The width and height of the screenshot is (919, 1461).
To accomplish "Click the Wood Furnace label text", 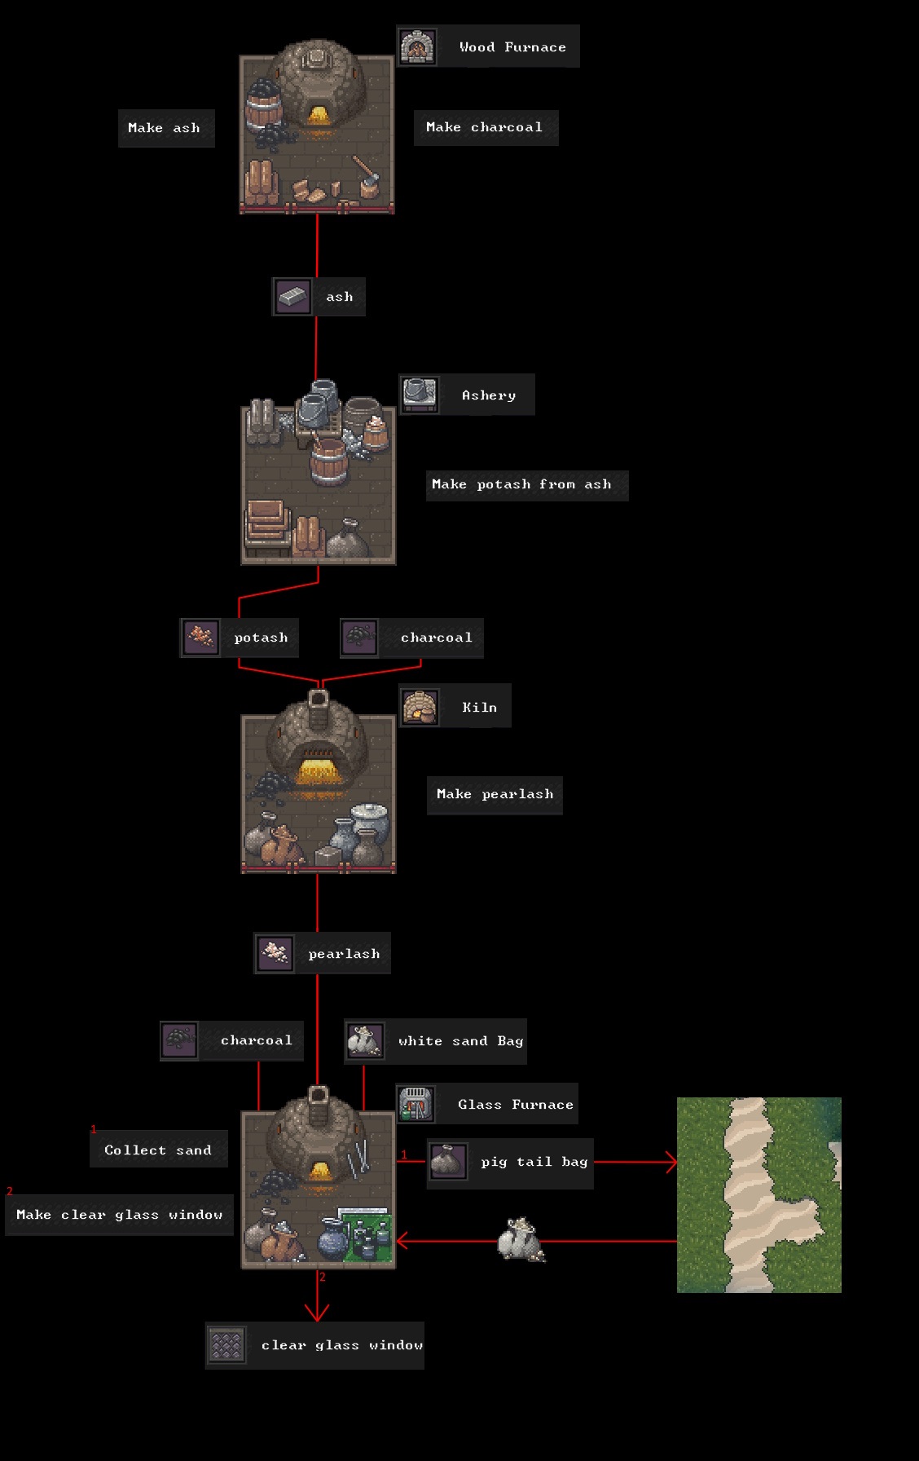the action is (x=512, y=47).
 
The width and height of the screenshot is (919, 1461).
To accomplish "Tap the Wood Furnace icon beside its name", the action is (x=417, y=46).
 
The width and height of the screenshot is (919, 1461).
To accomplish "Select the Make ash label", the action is (x=164, y=128).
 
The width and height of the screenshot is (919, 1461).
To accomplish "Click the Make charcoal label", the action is (x=484, y=127).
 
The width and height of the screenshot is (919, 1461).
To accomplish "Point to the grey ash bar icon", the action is (x=292, y=297).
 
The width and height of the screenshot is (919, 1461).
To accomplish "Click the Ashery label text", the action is (x=489, y=395).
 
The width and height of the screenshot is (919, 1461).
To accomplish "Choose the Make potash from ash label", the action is (x=521, y=484).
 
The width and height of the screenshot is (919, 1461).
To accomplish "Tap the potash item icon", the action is (x=200, y=637).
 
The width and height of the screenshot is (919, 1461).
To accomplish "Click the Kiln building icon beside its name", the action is (x=420, y=707).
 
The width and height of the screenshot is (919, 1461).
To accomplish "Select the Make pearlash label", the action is (x=495, y=794).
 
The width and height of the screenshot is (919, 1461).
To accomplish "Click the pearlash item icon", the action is (x=275, y=953).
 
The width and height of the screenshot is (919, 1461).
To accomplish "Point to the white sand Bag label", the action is (x=460, y=1041).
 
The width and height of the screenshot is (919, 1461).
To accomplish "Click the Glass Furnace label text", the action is (x=516, y=1105).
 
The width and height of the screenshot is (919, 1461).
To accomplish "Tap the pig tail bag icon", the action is (x=448, y=1161).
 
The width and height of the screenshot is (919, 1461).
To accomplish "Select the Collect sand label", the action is (x=158, y=1150).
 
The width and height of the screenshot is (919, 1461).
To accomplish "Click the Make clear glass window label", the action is (x=120, y=1215).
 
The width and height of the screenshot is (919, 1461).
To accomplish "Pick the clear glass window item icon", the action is (x=226, y=1344).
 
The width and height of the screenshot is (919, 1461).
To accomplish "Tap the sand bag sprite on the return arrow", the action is (x=521, y=1240).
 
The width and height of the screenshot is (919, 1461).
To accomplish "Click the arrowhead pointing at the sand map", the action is (x=672, y=1162).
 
